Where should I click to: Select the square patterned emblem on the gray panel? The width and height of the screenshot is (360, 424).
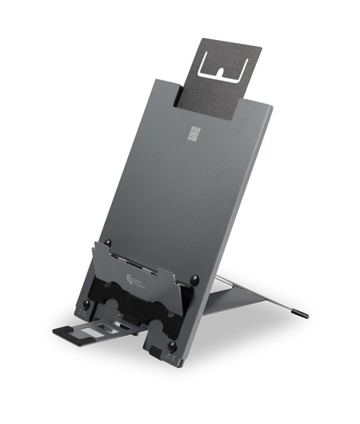(195, 133)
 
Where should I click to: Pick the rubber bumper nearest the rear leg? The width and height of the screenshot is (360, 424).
(196, 278)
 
